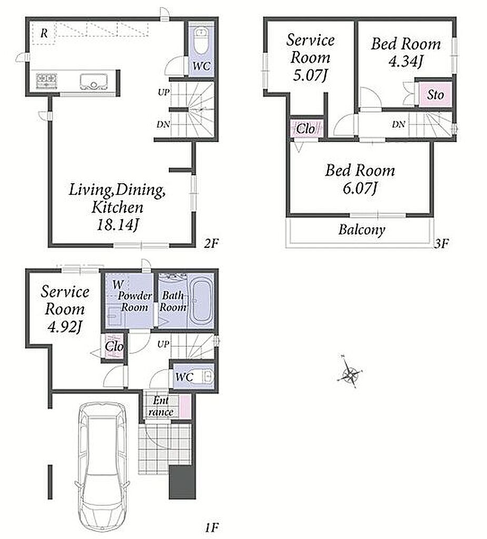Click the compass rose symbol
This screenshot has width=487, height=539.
[x=350, y=372]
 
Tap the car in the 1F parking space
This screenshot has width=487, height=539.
[x=103, y=466]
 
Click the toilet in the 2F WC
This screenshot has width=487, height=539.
[x=201, y=41]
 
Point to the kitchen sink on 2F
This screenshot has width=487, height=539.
[x=94, y=82]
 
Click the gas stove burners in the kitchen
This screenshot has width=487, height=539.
[x=46, y=81]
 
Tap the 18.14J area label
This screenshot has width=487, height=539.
[x=117, y=225]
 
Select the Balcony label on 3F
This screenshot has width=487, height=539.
[x=362, y=229]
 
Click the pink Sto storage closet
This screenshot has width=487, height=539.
[x=434, y=94]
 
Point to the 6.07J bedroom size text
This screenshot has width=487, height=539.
[x=360, y=188]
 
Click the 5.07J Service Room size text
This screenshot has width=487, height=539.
[x=310, y=75]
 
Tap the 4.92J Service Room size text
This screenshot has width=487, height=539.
[x=65, y=326]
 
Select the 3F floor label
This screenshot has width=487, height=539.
[x=441, y=244]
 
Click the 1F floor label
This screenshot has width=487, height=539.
[x=212, y=527]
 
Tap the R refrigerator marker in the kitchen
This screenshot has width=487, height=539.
[x=44, y=33]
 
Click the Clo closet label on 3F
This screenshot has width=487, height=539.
[x=305, y=129]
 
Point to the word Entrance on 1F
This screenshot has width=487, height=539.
[x=161, y=406]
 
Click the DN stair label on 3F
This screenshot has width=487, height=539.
[x=398, y=124]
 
